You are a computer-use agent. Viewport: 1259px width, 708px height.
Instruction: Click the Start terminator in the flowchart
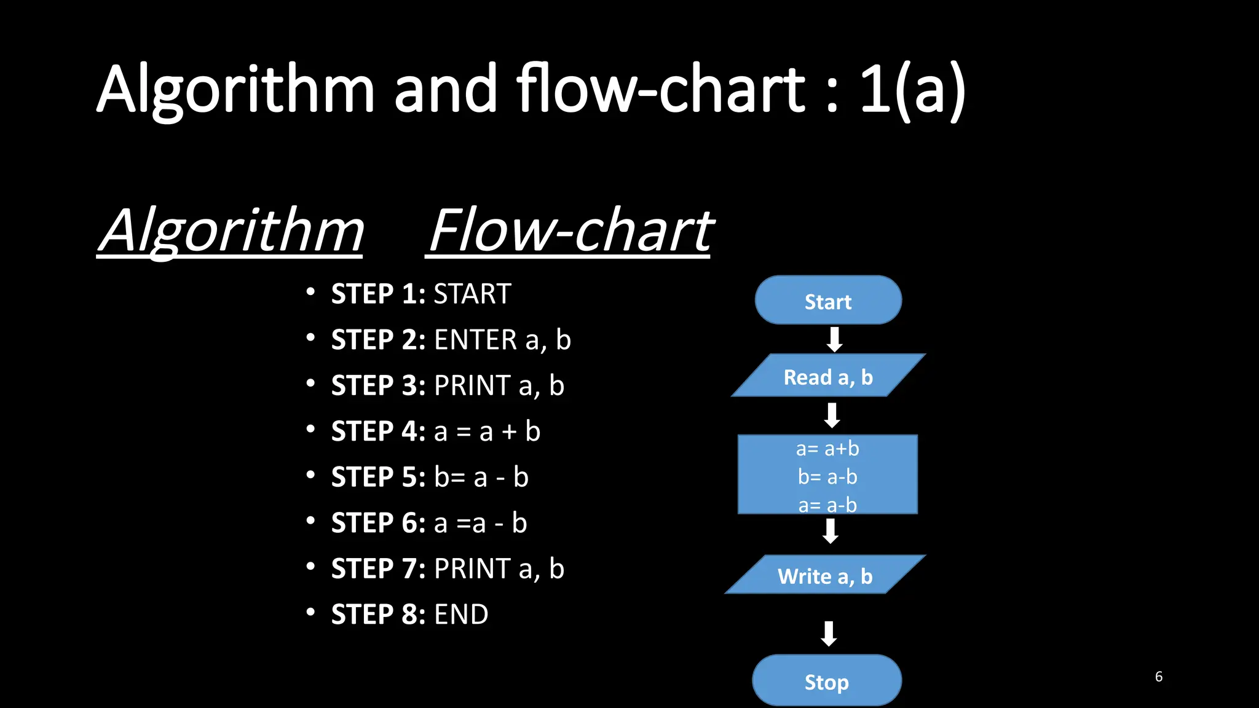[x=828, y=301]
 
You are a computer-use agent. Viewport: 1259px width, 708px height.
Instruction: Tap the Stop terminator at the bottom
[x=827, y=681]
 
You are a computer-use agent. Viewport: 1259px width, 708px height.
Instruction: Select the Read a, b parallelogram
[x=828, y=376]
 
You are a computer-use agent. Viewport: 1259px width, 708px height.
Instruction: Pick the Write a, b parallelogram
[x=825, y=575]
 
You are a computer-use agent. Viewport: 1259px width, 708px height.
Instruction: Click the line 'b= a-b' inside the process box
[x=827, y=476]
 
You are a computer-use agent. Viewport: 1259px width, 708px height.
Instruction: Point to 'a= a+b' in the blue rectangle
[x=827, y=449]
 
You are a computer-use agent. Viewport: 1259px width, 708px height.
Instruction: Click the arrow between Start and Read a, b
[x=834, y=339]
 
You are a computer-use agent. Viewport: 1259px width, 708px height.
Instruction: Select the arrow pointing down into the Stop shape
[x=829, y=633]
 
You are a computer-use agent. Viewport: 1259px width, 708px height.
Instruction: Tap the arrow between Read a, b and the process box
[x=832, y=415]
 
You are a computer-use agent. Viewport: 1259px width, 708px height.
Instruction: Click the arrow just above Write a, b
[x=831, y=531]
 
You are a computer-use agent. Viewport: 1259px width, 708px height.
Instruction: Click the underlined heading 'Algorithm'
[x=231, y=231]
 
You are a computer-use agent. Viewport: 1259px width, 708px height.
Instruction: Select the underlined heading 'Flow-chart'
[x=570, y=231]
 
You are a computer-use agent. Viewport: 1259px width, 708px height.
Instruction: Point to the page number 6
[x=1158, y=677]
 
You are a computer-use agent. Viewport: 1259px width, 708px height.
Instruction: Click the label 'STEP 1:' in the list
[x=378, y=294]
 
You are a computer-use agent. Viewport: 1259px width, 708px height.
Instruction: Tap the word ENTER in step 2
[x=476, y=340]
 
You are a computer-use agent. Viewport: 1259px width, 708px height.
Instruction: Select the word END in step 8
[x=461, y=614]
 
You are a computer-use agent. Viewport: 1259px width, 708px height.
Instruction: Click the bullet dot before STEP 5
[x=310, y=474]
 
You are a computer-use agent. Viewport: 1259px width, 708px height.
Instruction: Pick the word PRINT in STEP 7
[x=472, y=568]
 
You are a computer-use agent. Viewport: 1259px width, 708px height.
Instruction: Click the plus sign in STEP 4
[x=509, y=431]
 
